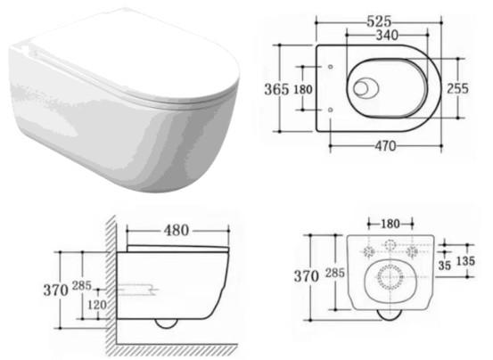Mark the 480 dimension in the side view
coord(177,230)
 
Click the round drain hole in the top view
coord(366,87)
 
